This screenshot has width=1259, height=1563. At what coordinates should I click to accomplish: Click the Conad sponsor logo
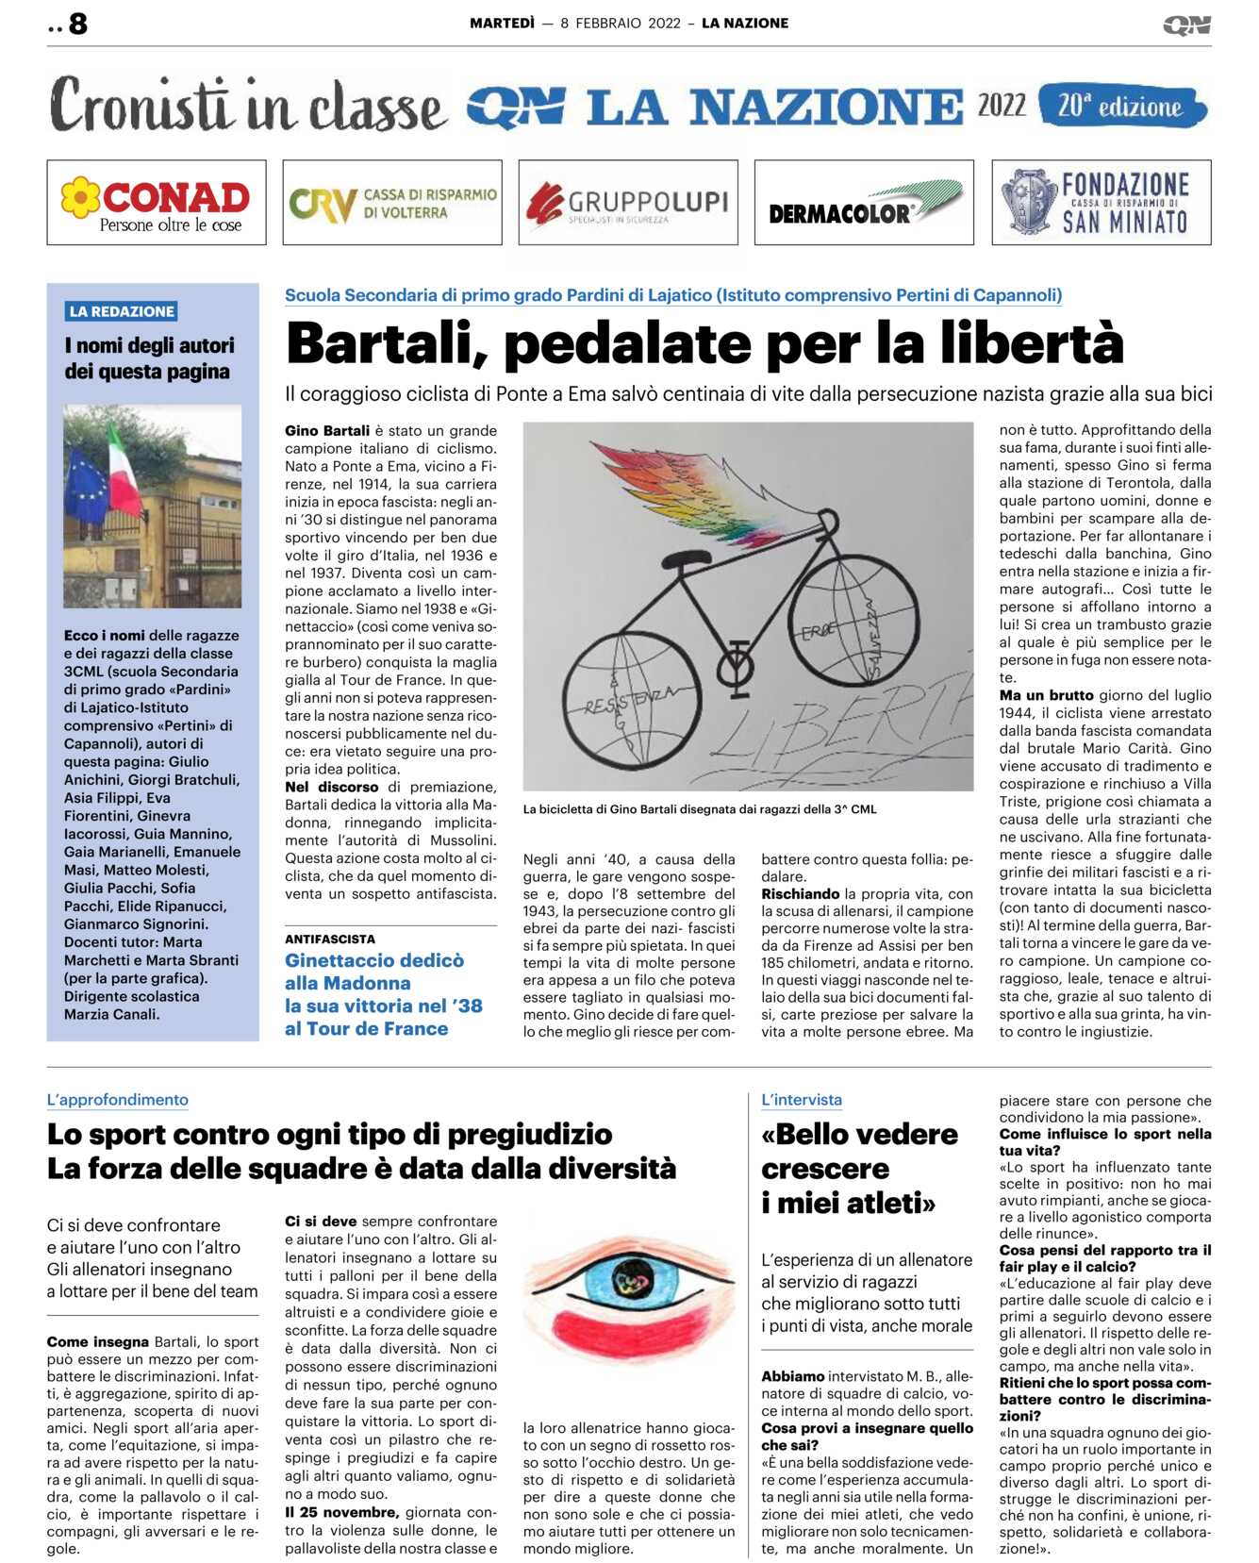pos(157,203)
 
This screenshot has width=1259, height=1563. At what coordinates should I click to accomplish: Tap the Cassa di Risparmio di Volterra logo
pos(392,203)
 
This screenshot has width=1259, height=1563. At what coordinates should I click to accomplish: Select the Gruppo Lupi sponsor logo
pos(628,203)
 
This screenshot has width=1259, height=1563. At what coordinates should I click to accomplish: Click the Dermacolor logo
pos(864,203)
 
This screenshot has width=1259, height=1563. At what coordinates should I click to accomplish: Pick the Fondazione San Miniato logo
pos(1101,203)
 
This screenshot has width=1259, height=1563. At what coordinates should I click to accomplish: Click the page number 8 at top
pos(78,24)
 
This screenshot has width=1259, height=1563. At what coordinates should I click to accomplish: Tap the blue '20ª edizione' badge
pos(1121,106)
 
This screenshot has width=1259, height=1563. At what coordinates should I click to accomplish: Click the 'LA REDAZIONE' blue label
pos(122,311)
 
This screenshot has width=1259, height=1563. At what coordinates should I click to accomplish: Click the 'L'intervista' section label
pos(802,1100)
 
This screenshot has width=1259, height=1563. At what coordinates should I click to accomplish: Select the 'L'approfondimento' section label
pos(118,1100)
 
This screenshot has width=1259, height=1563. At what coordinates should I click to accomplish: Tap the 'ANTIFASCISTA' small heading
pos(330,939)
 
